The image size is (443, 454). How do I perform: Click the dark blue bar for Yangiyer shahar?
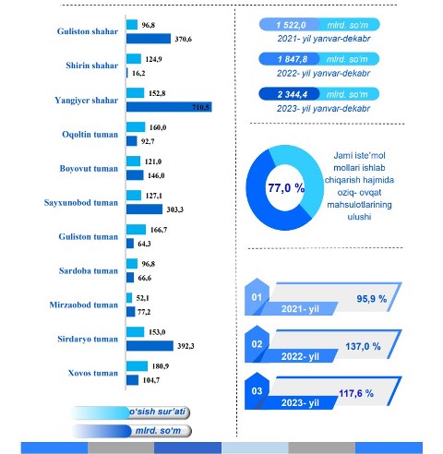point(169,107)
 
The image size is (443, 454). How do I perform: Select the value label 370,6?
point(184,39)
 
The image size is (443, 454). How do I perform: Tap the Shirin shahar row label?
point(92,66)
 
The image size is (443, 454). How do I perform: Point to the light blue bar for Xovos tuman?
point(137,366)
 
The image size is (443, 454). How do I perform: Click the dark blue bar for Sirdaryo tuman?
point(150,346)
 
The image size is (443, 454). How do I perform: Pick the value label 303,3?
point(175,209)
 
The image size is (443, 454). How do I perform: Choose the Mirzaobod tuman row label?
point(84,305)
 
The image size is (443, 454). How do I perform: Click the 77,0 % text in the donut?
point(286,187)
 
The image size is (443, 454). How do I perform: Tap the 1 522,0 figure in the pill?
point(291,25)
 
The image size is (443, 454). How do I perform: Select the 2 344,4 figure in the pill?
point(293,94)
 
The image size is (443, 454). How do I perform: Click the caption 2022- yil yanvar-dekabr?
point(323,74)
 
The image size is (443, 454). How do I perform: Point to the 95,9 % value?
point(372,299)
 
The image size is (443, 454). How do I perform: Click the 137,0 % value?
point(363,346)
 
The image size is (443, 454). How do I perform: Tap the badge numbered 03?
point(257,391)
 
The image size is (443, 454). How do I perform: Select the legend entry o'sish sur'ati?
point(157,412)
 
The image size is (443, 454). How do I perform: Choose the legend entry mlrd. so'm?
point(158,431)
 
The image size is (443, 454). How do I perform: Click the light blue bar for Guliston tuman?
point(136,230)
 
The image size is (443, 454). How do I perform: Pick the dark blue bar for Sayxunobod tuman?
point(144,209)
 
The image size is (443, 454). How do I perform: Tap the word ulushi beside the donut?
point(359,217)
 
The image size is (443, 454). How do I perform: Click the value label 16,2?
point(138,73)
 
